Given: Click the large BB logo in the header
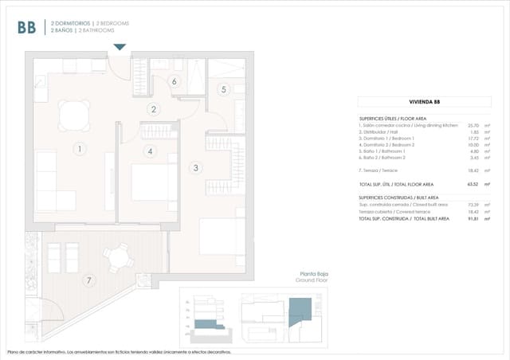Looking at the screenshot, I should pos(26,27).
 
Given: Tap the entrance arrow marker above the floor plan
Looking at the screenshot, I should pos(120,48).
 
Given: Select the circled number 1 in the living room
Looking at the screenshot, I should pos(79,148).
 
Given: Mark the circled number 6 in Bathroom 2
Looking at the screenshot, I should pos(174,81).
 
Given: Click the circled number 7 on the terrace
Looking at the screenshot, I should pos(89,279).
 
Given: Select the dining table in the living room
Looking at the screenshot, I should pos(75,118).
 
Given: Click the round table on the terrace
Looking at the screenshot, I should pos(119,257).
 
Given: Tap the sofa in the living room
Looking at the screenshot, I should pos(47,181).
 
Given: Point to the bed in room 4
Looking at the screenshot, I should pos(149,182).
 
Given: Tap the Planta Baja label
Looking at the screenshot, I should pos(313,274).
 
